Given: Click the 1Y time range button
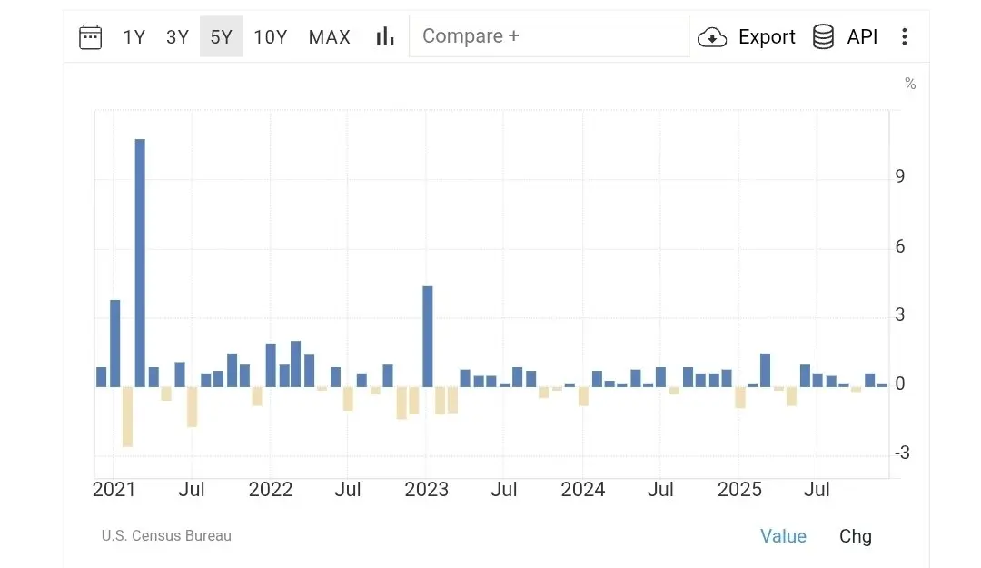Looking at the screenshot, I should click(x=134, y=37).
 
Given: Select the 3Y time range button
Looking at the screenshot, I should click(x=177, y=37).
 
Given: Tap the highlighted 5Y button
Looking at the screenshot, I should click(x=222, y=37).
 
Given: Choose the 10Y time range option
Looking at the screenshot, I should click(x=271, y=37).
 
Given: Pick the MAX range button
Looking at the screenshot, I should click(x=329, y=37).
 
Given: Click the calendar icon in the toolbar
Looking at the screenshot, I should click(x=91, y=37).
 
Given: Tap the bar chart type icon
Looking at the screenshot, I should click(x=385, y=36).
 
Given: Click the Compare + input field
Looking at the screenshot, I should click(x=549, y=36).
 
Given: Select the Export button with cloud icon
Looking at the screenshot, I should click(x=747, y=37).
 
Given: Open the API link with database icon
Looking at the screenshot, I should click(x=845, y=37).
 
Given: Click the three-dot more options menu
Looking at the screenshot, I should click(x=904, y=37).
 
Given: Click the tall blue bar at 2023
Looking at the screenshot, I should click(x=428, y=336).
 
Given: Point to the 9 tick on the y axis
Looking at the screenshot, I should click(x=899, y=176).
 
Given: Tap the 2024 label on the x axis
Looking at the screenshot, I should click(x=583, y=490).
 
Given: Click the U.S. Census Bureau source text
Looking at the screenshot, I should click(x=166, y=536).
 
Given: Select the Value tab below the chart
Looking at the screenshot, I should click(x=783, y=536).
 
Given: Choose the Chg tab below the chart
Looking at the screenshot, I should click(x=855, y=536).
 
